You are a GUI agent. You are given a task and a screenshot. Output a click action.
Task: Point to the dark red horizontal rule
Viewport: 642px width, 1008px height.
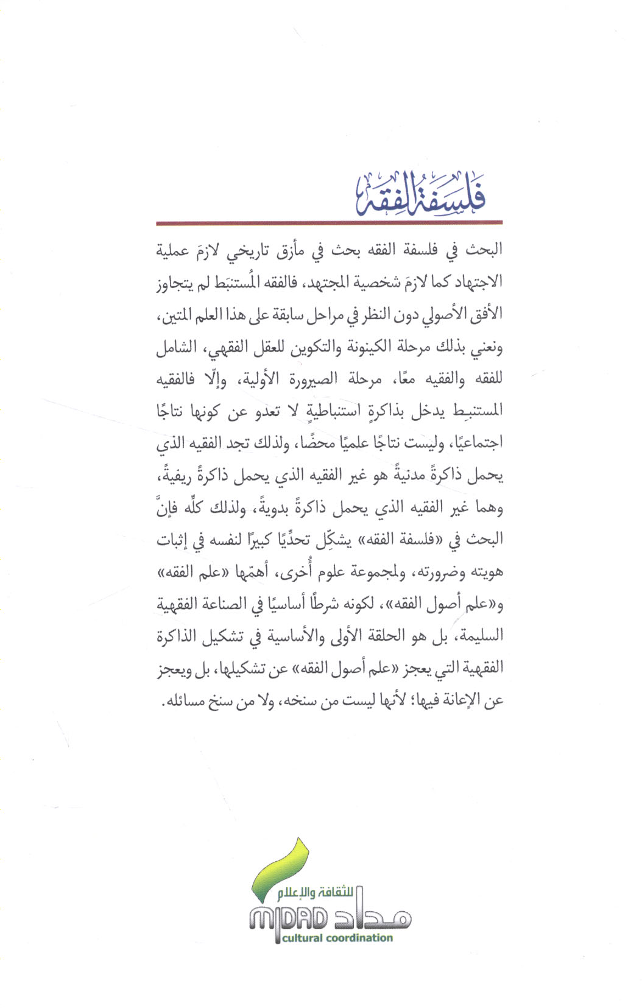[x=329, y=224]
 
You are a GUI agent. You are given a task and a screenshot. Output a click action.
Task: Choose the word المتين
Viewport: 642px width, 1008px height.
[x=177, y=315]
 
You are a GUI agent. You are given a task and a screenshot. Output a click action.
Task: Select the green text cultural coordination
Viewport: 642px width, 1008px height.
[x=337, y=939]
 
